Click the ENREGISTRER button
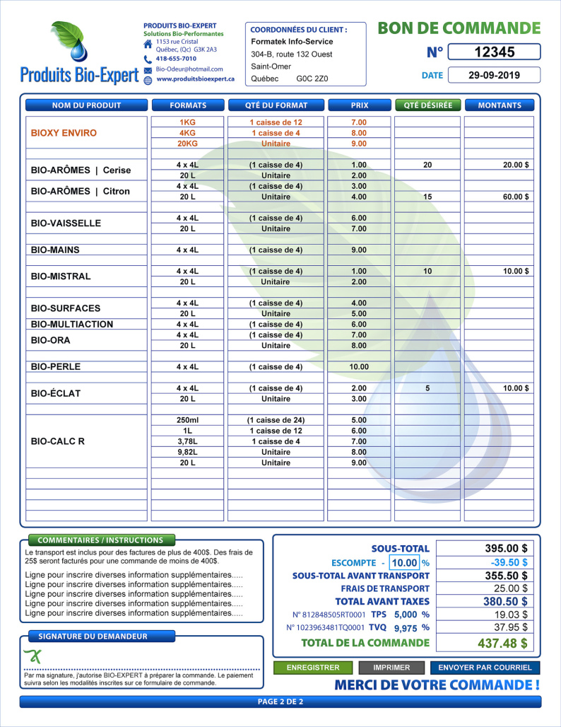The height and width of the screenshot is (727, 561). pos(312,668)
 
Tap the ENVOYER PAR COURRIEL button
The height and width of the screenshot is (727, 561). pos(485,668)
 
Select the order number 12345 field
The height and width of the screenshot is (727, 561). pos(495,52)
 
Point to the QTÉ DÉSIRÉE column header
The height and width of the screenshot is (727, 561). pos(427,105)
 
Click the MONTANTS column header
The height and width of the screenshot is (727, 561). pos(500,105)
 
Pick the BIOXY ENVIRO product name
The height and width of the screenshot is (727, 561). pos(64,133)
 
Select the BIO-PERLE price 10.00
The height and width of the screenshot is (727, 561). pos(359,366)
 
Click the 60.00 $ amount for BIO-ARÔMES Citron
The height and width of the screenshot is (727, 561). pos(516,197)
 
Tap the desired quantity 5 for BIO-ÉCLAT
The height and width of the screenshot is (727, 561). pos(427,388)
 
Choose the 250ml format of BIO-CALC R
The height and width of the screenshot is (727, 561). pos(187,420)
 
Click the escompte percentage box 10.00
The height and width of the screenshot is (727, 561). pos(404,563)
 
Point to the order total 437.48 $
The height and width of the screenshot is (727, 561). pos(504,643)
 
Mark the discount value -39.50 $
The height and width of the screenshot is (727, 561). pos(509,562)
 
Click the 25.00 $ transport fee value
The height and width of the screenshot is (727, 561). pos(510,588)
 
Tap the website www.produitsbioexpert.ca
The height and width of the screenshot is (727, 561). pos(195,79)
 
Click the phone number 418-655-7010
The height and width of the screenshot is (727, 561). pos(176,59)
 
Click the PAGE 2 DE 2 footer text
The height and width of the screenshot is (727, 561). pos(280,702)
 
